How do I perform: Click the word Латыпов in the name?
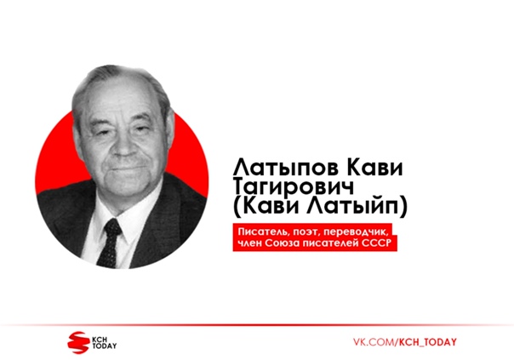pos(286,168)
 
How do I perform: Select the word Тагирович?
pos(294,187)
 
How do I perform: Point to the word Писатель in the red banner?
pos(260,232)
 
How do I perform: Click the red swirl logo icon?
pos(78,343)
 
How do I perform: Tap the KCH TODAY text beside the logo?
pos(104,343)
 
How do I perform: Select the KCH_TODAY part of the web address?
pos(427,342)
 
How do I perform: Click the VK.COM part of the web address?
pos(374,342)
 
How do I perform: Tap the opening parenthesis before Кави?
pos(237,207)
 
